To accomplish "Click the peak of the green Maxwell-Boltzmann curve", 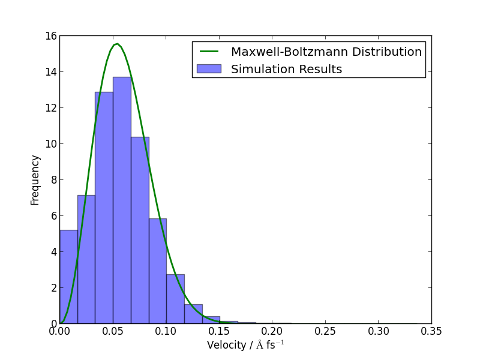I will [x=117, y=44].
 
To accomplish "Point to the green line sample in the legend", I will [x=208, y=52].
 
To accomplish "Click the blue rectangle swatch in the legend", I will [x=208, y=69].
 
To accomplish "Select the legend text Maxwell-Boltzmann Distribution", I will [x=326, y=52].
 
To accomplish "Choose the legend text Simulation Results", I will [x=286, y=70].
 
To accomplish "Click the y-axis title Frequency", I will [x=35, y=180].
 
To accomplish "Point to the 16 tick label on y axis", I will [x=50, y=36].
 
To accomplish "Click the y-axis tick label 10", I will [x=50, y=144].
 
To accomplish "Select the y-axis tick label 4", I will [x=53, y=252].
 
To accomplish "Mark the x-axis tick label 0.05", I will [x=112, y=331].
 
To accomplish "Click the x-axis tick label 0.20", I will [x=272, y=331].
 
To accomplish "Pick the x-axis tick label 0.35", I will [x=431, y=331].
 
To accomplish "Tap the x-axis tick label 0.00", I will [x=59, y=331].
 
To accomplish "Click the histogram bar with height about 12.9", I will [x=104, y=210].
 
